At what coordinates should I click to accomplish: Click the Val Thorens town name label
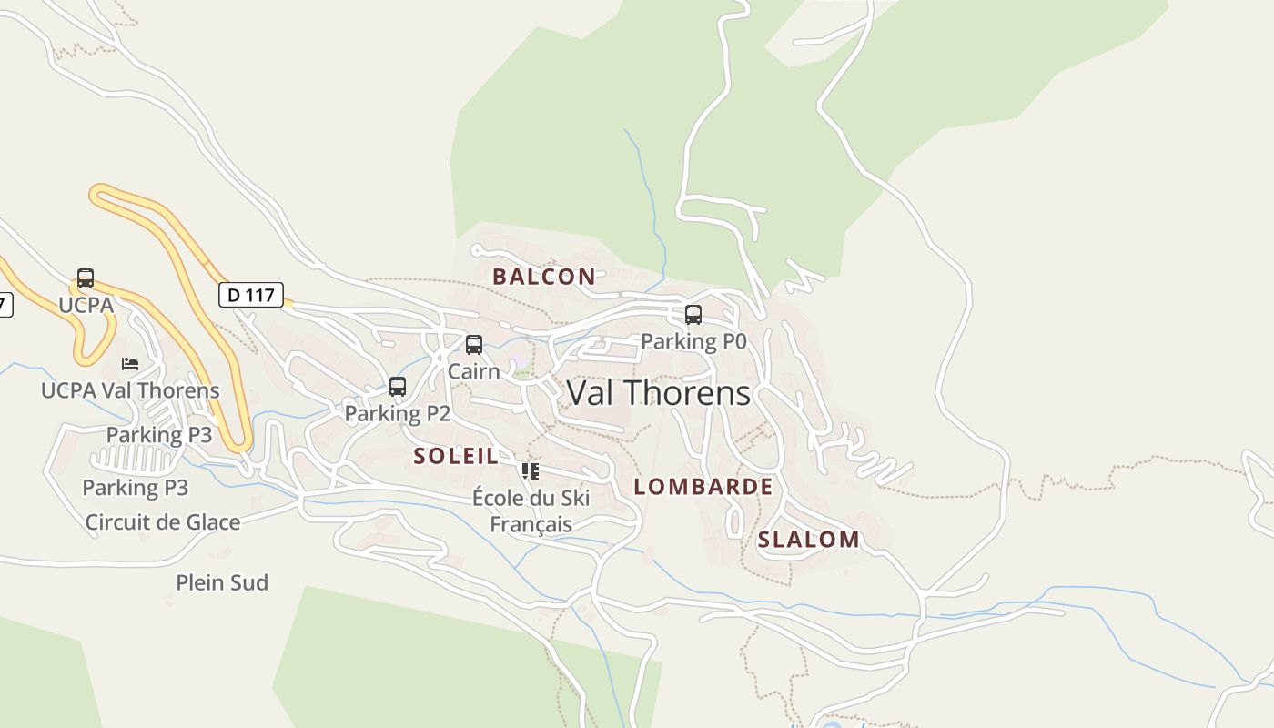(x=659, y=393)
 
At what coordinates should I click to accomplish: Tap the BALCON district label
(x=544, y=277)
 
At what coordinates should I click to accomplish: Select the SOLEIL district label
(x=456, y=456)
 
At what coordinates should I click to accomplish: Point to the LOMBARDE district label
(x=703, y=487)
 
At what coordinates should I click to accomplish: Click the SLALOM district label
(x=809, y=540)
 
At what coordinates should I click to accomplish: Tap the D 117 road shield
(x=251, y=295)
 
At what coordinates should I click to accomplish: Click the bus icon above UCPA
(x=86, y=278)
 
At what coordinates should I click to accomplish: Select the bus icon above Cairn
(x=474, y=345)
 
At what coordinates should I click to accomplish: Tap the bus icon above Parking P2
(x=398, y=387)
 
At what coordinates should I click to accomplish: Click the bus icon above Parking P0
(x=693, y=315)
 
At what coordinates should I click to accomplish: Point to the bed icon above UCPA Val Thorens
(x=130, y=364)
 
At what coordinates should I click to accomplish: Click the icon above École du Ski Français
(x=531, y=471)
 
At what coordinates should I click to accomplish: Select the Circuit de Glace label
(x=163, y=522)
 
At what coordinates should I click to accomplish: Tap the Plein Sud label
(x=222, y=582)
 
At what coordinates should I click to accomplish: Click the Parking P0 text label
(x=693, y=341)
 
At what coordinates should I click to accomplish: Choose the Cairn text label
(x=474, y=371)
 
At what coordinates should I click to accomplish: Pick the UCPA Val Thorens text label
(x=130, y=390)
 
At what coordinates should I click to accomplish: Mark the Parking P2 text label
(x=398, y=413)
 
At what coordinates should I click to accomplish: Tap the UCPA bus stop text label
(x=86, y=305)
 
